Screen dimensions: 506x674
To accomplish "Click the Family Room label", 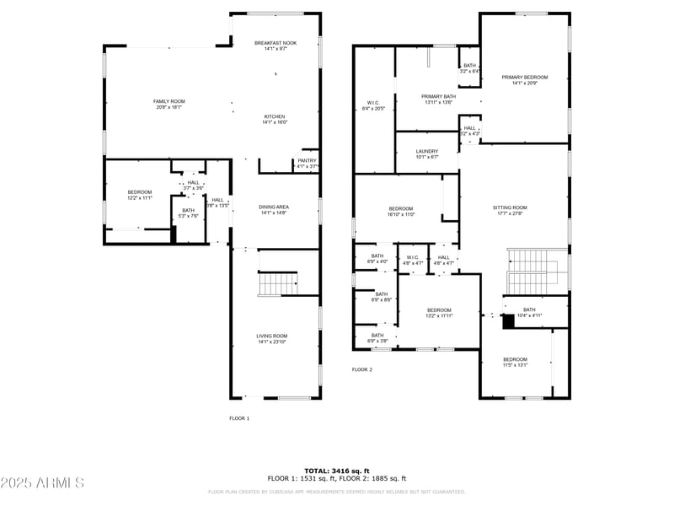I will pos(168,104).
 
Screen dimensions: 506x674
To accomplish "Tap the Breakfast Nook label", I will pos(275,45).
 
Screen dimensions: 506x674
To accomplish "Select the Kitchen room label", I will pos(275,119).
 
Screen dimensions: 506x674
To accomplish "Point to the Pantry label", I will pos(307,163).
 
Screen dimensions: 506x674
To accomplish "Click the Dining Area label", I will pos(275,209).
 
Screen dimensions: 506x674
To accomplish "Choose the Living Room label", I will pos(272,338).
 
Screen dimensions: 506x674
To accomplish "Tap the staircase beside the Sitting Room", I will pos(531,270).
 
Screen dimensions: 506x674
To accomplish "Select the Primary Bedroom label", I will pos(525,79).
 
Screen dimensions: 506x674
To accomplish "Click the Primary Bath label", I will pos(438,100).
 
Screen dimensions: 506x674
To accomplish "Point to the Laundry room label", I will pos(427,153).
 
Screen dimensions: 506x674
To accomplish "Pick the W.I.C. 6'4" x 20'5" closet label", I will pos(373,105).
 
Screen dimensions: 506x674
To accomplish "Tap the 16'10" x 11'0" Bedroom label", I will pos(401,211).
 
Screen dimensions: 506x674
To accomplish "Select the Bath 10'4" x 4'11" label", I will pos(529,312).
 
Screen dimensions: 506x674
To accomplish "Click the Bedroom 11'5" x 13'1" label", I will pos(515,362).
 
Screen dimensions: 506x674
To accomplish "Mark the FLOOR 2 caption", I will pos(361,369).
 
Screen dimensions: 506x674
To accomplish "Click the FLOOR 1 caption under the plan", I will pos(239,417).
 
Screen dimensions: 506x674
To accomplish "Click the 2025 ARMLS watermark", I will pos(42,483).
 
